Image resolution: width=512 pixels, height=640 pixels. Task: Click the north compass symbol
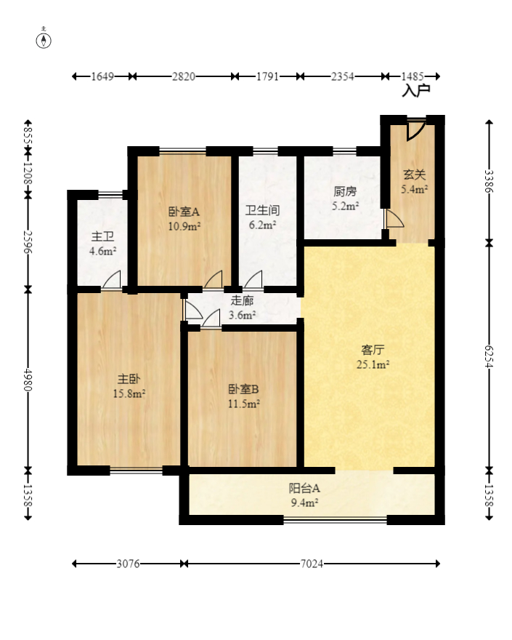[x=45, y=39]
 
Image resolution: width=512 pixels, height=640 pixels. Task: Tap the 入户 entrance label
[x=416, y=91]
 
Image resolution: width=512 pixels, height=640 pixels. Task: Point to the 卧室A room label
[x=184, y=212]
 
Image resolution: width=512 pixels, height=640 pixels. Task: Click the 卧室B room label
[x=243, y=389]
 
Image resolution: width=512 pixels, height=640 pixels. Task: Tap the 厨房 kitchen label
[x=345, y=193]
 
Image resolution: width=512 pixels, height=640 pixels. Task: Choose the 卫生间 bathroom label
[x=262, y=212]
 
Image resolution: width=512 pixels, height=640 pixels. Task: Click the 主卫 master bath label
[x=102, y=238]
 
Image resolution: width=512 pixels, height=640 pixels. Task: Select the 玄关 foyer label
[x=415, y=175]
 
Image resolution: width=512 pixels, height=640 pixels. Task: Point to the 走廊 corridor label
[x=242, y=301]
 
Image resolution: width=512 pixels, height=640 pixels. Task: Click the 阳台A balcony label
[x=305, y=488]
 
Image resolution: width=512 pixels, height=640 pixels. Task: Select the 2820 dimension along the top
[x=183, y=76]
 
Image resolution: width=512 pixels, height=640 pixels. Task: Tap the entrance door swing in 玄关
[x=415, y=129]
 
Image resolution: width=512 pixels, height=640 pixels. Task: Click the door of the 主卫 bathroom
[x=111, y=281]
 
